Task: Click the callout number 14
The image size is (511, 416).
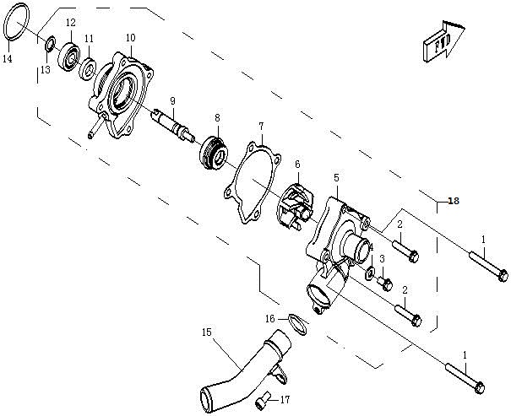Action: pos(7,59)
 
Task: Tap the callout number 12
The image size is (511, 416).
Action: pos(70,23)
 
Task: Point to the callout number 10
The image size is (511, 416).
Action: pos(130,38)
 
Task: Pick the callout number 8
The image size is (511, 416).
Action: pos(217,117)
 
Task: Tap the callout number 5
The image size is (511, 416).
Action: pos(336,178)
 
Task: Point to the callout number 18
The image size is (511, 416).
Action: pos(454,201)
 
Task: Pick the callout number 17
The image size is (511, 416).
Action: pos(285,400)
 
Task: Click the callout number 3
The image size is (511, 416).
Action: pos(382,259)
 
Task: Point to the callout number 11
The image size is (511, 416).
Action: pos(89,39)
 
